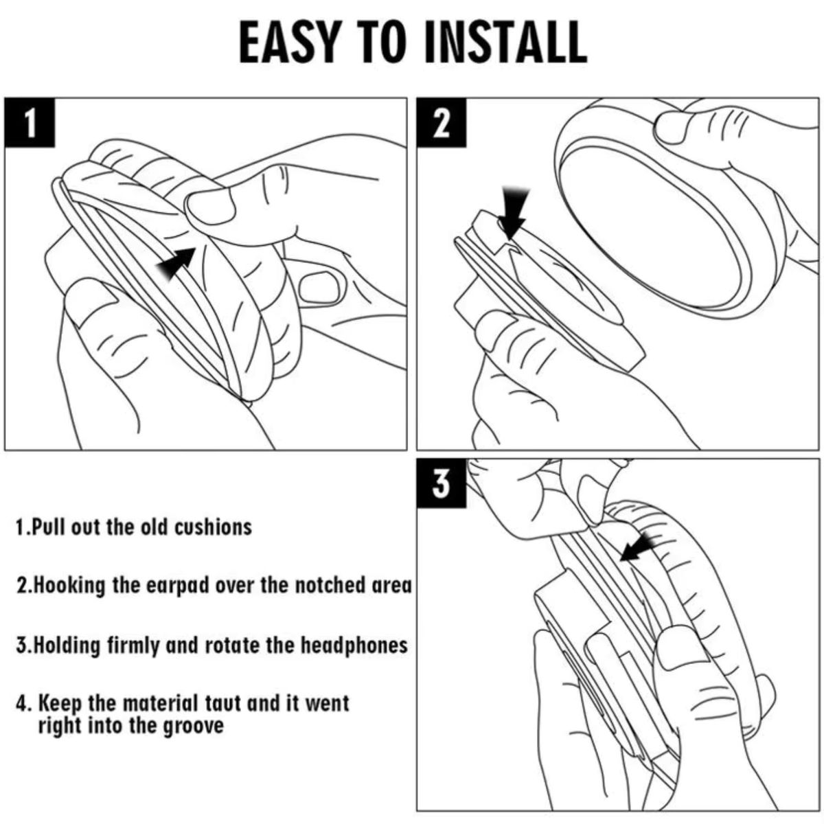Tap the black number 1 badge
30,123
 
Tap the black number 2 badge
442,123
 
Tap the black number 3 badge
442,483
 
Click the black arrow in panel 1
176,263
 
